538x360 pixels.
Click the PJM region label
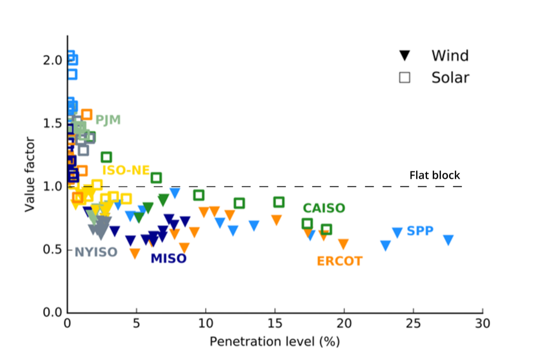point(108,120)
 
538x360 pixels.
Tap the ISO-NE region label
point(126,170)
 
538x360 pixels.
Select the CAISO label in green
point(324,208)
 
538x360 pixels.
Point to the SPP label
point(420,231)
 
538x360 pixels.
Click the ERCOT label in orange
point(339,261)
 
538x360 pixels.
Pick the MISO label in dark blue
point(168,258)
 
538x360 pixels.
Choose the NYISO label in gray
point(96,252)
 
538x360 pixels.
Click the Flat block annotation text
point(435,175)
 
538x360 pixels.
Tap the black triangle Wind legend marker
point(405,56)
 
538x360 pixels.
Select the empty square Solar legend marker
point(405,77)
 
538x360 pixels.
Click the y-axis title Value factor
point(29,174)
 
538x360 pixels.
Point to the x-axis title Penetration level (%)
point(274,341)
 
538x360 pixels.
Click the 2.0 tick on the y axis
point(53,60)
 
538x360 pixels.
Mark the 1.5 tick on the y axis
point(53,123)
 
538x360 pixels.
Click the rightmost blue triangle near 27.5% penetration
point(448,240)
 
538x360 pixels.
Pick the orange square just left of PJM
point(87,114)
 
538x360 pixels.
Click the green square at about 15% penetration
point(279,202)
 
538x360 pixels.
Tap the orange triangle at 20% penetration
point(343,244)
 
